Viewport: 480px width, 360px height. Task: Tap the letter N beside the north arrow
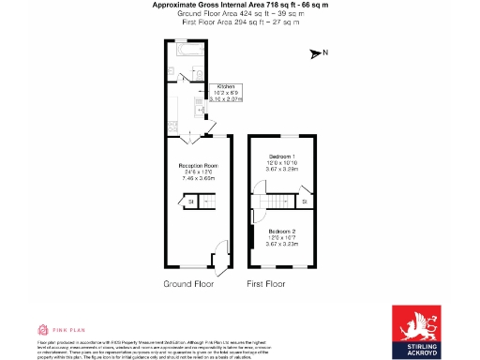click(324, 53)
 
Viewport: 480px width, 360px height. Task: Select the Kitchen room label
click(228, 84)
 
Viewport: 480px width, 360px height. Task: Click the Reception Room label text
click(198, 165)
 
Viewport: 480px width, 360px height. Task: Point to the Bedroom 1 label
click(282, 155)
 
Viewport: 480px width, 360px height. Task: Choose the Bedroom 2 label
click(282, 231)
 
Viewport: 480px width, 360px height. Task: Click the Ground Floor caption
click(187, 283)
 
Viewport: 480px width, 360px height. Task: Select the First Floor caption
click(266, 283)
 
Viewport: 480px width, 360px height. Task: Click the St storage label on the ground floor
click(189, 201)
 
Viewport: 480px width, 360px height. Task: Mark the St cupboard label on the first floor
click(305, 201)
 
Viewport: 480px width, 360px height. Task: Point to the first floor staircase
click(277, 202)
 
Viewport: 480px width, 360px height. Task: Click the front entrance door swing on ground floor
click(213, 269)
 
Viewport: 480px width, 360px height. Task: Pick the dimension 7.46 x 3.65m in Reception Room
click(198, 177)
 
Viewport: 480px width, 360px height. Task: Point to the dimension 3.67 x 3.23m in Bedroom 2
click(282, 243)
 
